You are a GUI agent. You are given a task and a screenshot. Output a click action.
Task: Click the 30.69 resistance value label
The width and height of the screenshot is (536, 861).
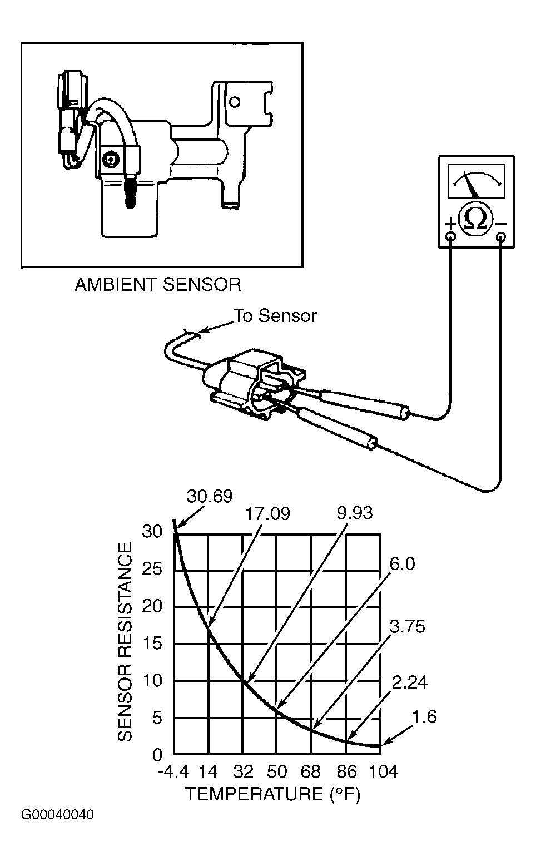[210, 496]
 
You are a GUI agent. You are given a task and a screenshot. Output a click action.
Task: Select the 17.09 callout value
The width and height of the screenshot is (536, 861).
[267, 514]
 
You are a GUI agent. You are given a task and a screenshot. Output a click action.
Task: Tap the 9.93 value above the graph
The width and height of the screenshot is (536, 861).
[355, 513]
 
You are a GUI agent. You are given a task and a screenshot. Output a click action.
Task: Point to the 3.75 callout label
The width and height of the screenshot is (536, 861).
[408, 626]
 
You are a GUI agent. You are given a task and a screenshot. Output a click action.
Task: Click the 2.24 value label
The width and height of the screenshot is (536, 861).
[410, 682]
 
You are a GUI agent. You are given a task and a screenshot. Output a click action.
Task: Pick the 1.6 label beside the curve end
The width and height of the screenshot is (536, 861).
[424, 716]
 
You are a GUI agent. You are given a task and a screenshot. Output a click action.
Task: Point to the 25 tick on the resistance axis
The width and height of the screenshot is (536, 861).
[152, 569]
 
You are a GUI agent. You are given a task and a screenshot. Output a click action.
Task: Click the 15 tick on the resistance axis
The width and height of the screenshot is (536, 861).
[152, 643]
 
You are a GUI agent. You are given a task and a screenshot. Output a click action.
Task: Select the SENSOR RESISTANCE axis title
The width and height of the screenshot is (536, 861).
[125, 641]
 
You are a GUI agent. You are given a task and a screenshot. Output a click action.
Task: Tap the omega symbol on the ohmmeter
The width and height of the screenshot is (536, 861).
[476, 219]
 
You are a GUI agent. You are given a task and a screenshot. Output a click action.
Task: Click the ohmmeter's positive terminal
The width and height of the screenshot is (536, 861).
[451, 236]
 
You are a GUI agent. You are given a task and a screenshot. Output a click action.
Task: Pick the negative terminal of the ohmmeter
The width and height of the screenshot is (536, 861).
[501, 236]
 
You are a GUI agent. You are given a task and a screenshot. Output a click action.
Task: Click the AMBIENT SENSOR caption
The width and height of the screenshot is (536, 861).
[158, 285]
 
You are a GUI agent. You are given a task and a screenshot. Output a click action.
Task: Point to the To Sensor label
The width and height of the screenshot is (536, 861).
[275, 315]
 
